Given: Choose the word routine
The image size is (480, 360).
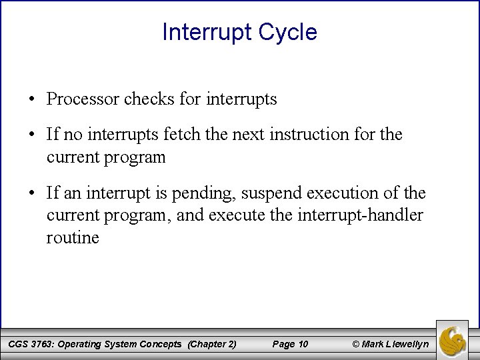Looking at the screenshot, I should click(73, 238).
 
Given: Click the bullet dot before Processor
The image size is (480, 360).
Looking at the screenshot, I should click(33, 100).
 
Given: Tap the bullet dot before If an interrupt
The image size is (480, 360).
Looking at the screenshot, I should click(33, 195).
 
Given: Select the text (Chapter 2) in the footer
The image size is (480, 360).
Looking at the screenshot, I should click(212, 344).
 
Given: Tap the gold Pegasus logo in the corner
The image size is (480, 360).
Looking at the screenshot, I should click(457, 339).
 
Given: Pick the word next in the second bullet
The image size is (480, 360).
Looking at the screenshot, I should click(257, 135).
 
